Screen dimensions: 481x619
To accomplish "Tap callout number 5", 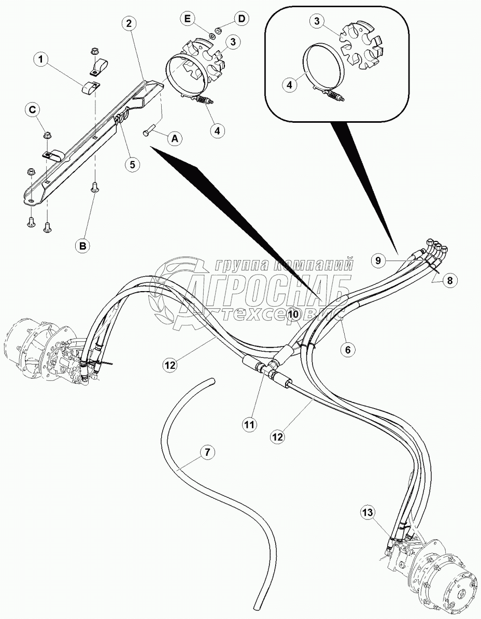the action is pos(132,164).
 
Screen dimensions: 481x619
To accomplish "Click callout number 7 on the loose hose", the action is pos(207,452).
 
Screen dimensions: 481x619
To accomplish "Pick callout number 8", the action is pos(449,280).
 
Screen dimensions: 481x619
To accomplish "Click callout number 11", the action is pos(249,425).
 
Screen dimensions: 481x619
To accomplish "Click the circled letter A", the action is pos(175,138).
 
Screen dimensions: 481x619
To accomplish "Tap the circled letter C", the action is pos(33,109).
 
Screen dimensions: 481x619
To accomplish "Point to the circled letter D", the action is pos(240,19).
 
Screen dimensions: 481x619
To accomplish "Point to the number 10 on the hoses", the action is pos(293,314).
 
